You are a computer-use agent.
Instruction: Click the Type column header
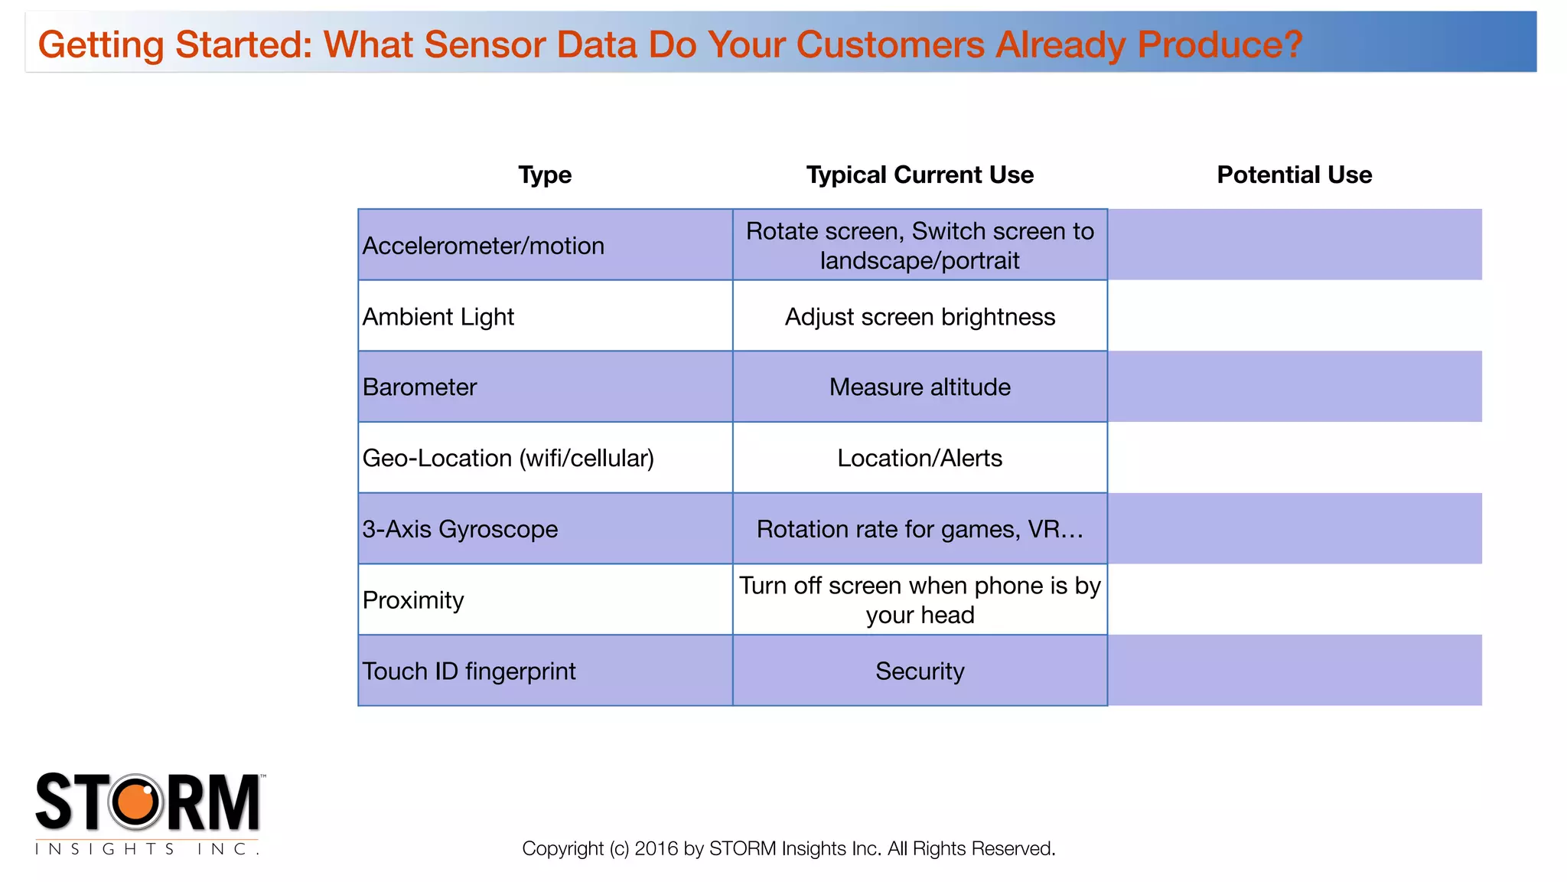coord(545,175)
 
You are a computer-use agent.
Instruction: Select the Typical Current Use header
coord(920,175)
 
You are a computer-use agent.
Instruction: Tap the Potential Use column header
coord(1294,175)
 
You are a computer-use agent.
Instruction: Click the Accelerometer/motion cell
coord(484,246)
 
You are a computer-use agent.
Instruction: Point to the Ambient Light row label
coord(438,316)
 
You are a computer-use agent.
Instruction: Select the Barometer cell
coord(419,387)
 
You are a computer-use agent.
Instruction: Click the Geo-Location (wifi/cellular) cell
coord(508,458)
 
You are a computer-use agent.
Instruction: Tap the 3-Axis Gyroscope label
coord(460,529)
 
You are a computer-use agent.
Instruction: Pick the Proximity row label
coord(413,600)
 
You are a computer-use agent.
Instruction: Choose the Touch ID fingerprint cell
coord(469,671)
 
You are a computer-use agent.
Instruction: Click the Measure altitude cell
coord(920,387)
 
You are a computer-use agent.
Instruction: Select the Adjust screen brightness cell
coord(920,316)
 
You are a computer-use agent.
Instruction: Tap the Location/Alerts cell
coord(920,458)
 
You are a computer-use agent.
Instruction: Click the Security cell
coord(920,671)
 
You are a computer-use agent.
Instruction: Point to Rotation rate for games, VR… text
coord(920,529)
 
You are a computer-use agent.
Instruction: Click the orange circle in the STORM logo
coord(137,802)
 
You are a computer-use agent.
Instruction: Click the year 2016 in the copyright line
coord(656,848)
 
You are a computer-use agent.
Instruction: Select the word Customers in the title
coord(890,44)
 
